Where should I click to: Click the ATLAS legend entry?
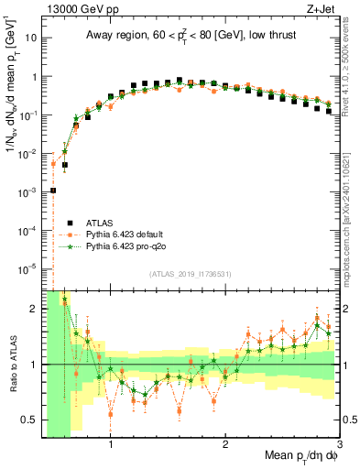102,221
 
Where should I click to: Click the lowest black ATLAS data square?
53,191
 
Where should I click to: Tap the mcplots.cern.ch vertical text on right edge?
351,220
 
